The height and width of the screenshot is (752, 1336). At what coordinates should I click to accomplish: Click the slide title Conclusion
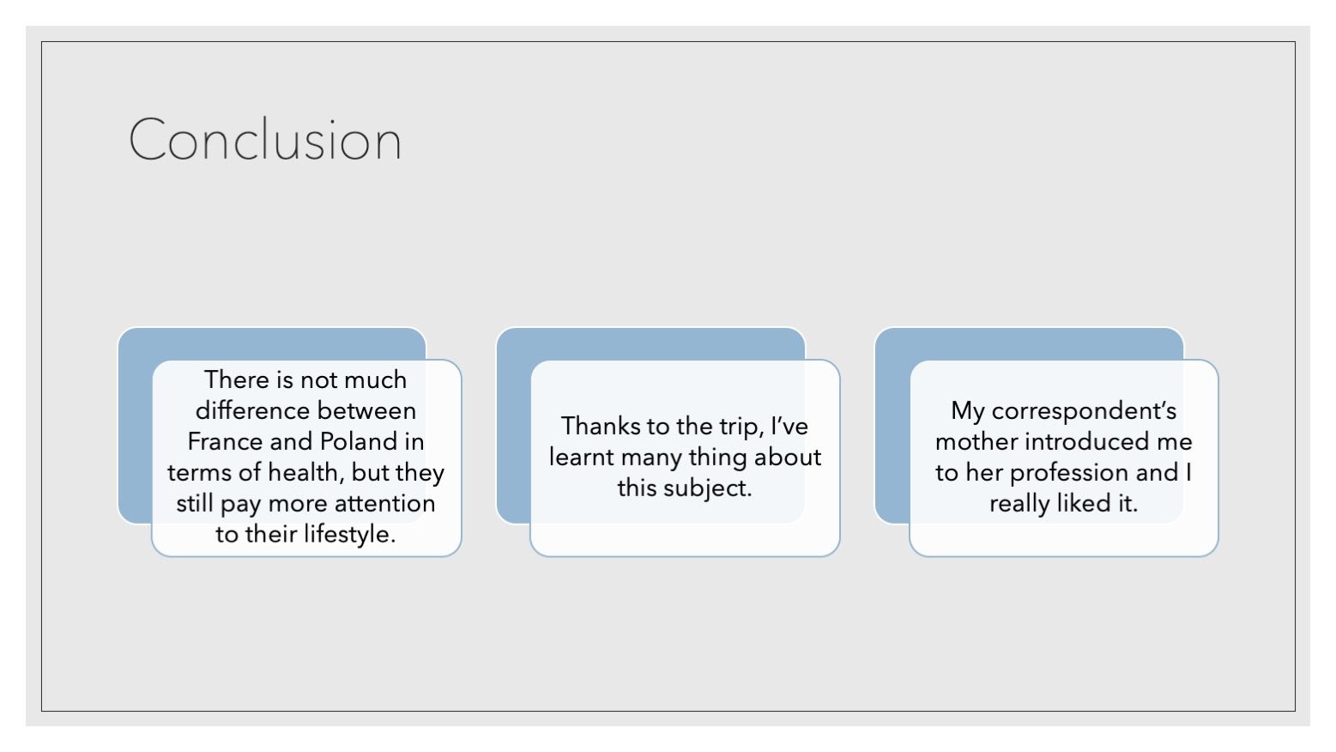click(x=265, y=140)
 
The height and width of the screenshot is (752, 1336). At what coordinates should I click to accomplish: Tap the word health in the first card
click(x=306, y=473)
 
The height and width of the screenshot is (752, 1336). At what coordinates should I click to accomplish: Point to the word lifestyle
click(x=349, y=534)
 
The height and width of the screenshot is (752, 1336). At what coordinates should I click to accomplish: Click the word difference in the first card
click(x=253, y=410)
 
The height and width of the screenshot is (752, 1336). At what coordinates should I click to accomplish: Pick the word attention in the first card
click(x=384, y=504)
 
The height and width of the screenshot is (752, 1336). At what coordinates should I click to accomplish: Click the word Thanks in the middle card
click(x=600, y=426)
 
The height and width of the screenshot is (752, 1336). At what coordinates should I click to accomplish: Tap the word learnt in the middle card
click(x=582, y=458)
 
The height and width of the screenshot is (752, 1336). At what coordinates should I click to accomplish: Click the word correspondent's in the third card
click(x=1084, y=411)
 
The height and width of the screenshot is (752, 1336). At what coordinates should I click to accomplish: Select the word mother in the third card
click(x=976, y=441)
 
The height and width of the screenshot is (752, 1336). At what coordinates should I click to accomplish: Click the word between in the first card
click(x=366, y=410)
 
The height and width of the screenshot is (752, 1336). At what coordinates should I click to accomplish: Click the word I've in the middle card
click(x=789, y=426)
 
